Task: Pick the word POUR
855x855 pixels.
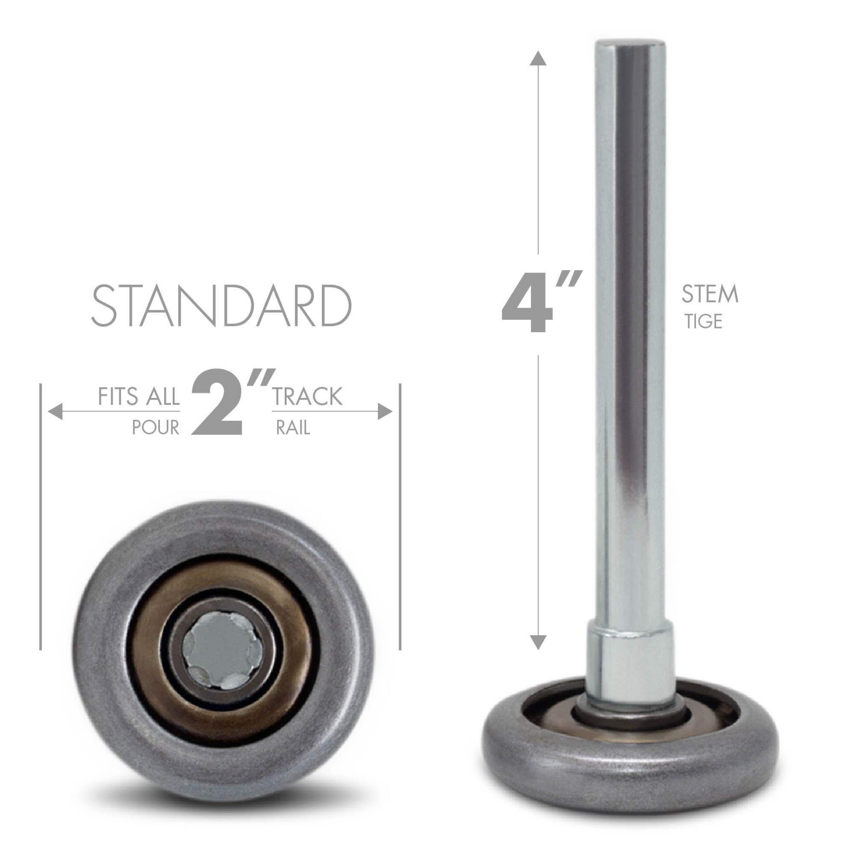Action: coord(156,428)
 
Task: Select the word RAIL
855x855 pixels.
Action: coord(292,428)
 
